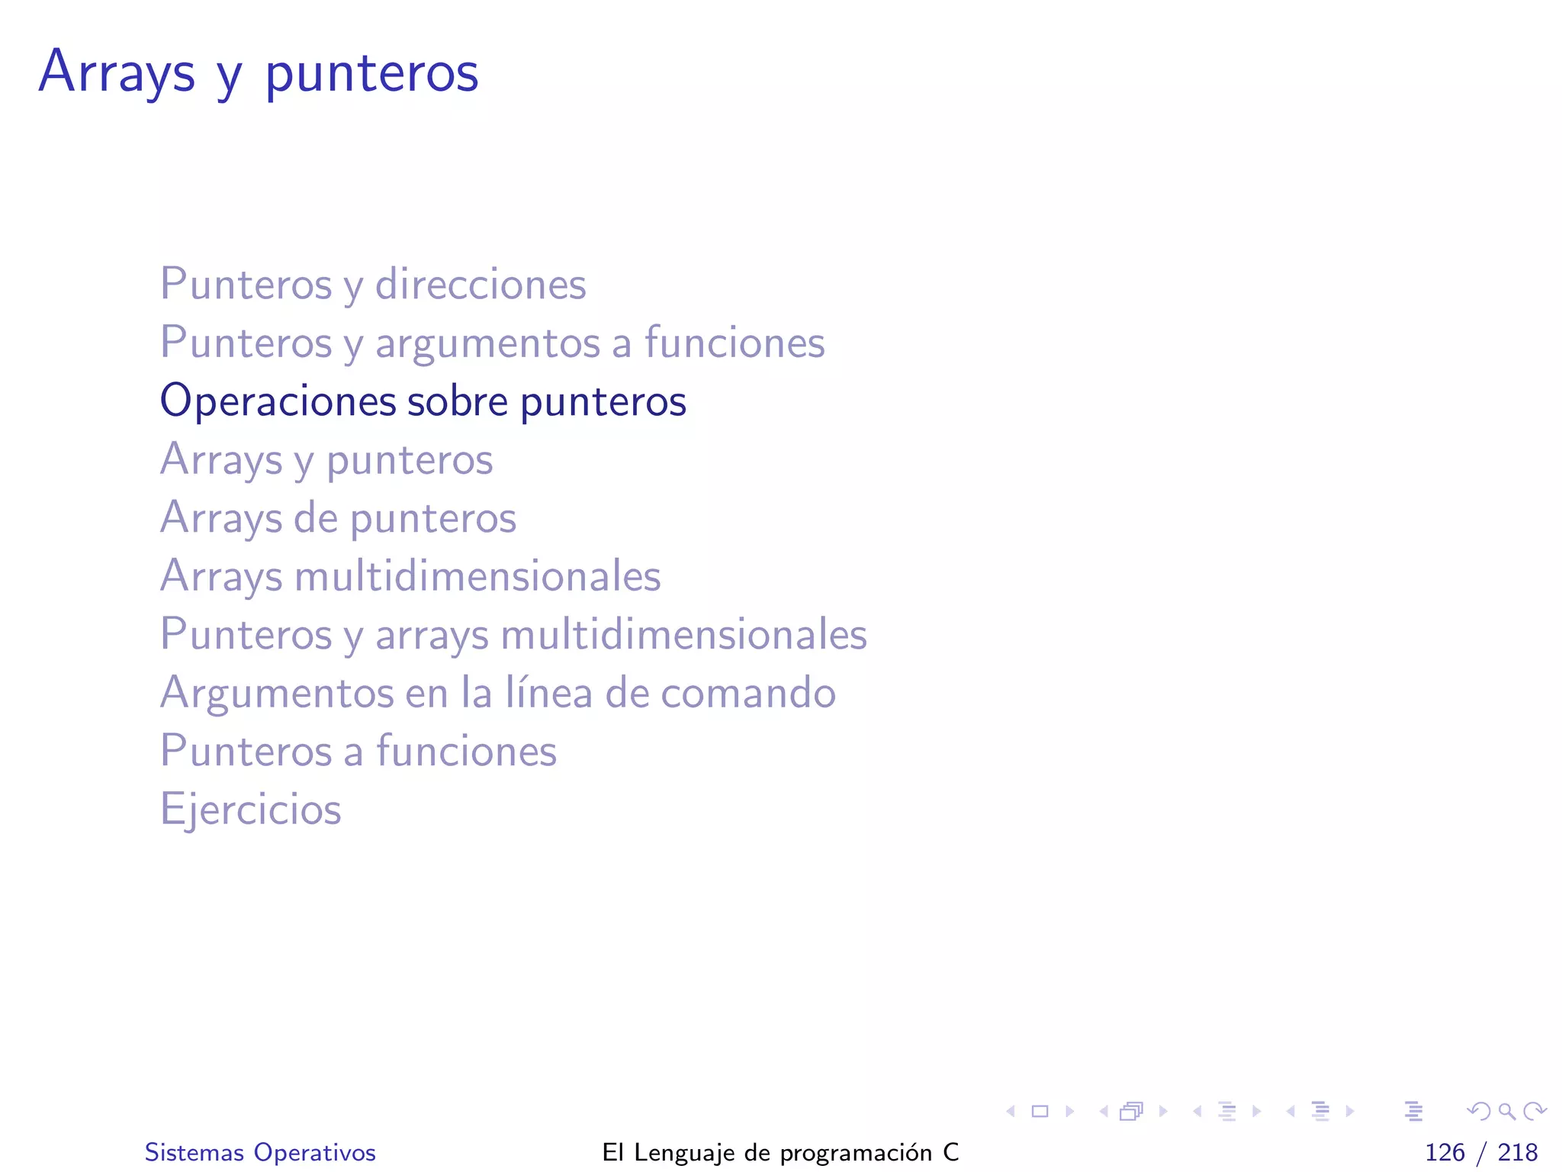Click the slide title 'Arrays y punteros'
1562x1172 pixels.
259,72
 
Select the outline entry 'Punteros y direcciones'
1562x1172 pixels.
373,284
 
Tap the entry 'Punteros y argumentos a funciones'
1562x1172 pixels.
492,342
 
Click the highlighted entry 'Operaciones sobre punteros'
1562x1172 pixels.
423,401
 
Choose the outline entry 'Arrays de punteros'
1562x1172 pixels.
338,517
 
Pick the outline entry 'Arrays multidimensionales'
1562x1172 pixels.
410,575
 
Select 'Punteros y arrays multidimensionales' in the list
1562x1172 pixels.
513,634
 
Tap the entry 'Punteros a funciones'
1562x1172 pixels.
358,751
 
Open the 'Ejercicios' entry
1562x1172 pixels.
250,809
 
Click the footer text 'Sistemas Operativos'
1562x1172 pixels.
260,1152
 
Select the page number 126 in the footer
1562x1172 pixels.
1445,1152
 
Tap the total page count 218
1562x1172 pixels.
1517,1152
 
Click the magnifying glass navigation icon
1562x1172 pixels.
1506,1111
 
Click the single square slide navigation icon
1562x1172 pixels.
1040,1111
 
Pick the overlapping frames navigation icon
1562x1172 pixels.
1131,1111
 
